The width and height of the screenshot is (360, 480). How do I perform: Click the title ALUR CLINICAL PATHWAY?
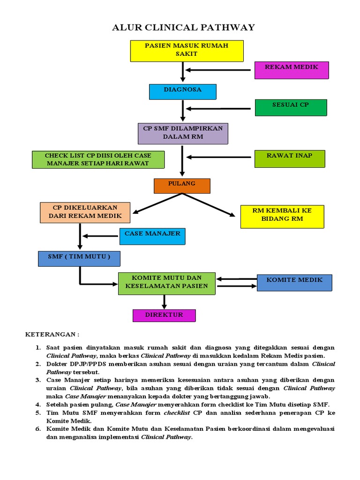tap(183, 28)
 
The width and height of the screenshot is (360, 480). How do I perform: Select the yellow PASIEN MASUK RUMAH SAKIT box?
tap(187, 51)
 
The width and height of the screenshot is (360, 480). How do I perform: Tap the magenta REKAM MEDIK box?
tap(291, 70)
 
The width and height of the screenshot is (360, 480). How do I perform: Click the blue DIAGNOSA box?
tap(182, 91)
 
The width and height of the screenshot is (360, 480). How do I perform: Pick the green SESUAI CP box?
tap(291, 107)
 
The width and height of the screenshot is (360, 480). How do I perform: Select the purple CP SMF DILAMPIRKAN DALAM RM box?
tap(182, 133)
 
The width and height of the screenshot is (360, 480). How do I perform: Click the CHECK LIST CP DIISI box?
tap(98, 159)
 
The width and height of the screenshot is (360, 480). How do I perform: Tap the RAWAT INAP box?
tap(289, 158)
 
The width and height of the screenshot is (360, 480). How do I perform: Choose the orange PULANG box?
tap(182, 186)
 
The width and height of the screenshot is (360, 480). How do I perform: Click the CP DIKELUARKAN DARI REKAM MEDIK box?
tap(85, 212)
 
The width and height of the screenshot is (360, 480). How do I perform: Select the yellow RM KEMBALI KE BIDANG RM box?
tap(281, 217)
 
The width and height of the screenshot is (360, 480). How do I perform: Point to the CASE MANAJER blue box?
tap(152, 236)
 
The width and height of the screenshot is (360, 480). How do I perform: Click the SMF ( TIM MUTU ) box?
tap(79, 258)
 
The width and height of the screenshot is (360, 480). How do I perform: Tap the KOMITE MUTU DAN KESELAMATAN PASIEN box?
tap(166, 283)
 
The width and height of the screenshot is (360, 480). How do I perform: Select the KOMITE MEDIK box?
tap(294, 282)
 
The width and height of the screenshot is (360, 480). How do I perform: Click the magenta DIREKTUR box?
tap(164, 315)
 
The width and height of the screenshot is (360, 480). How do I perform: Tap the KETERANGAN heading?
tap(52, 335)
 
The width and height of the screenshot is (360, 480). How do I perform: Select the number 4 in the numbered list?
tap(38, 404)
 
